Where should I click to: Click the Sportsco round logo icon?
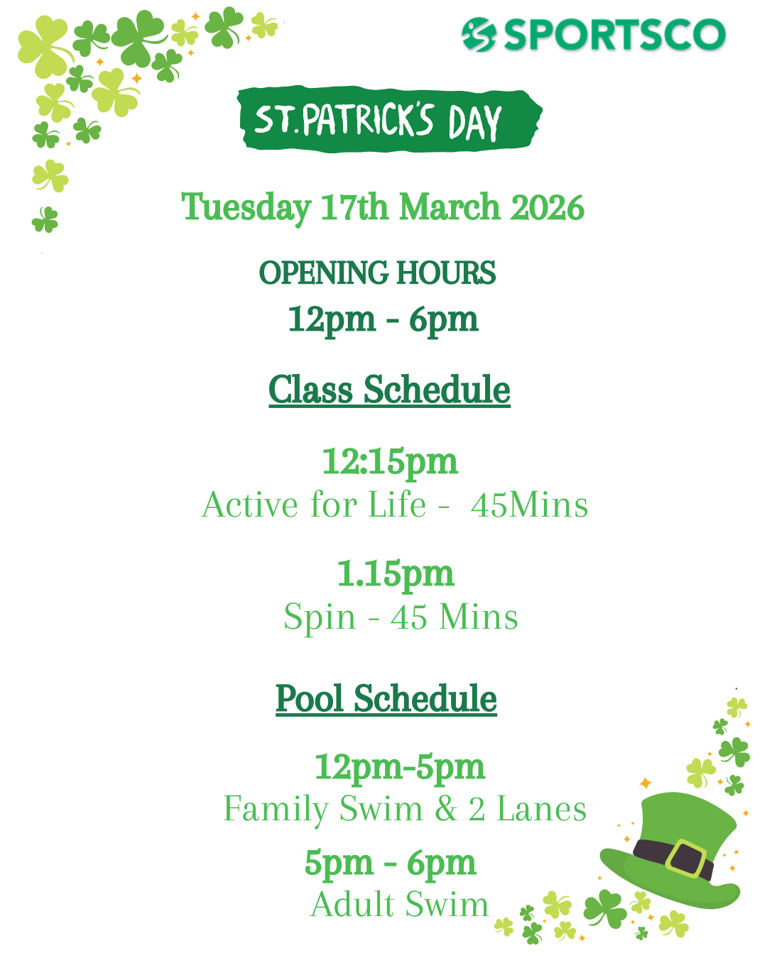(479, 35)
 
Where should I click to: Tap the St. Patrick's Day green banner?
(390, 119)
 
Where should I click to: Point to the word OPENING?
(323, 272)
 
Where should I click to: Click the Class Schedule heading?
(389, 390)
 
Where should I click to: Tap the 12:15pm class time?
(390, 463)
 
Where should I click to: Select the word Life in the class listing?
(397, 505)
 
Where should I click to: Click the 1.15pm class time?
(396, 574)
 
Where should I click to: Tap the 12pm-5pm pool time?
(399, 768)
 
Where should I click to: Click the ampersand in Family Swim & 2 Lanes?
(446, 809)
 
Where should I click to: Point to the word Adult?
(352, 905)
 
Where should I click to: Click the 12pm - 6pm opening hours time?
(383, 320)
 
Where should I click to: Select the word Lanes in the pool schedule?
(541, 809)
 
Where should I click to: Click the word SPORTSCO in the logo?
(614, 35)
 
